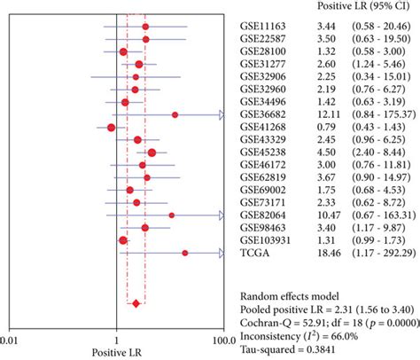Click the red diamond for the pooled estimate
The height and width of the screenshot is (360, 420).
coord(136,304)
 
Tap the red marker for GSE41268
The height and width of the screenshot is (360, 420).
coord(111,128)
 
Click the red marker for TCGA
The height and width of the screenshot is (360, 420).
coord(185,253)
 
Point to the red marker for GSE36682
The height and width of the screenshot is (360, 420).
coord(175,115)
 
